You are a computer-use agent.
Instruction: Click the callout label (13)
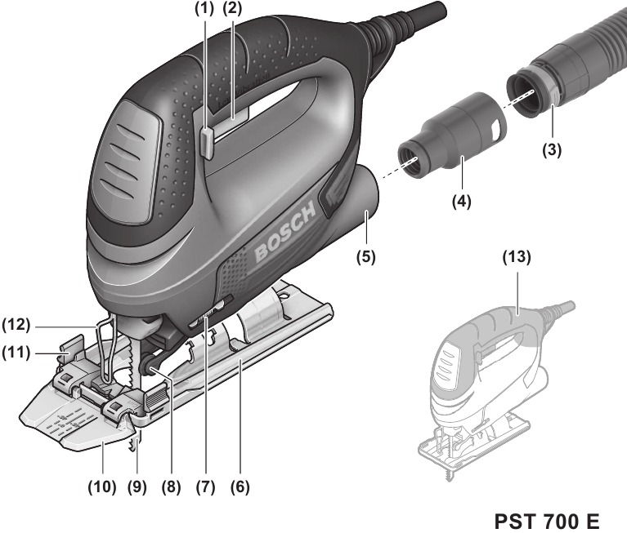point(515,257)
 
